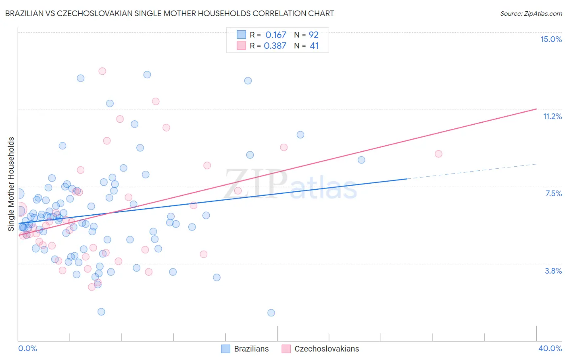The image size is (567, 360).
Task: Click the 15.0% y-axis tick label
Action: [x=551, y=39]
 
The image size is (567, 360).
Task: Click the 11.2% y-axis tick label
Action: [x=552, y=116]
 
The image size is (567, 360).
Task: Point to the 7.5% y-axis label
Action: [x=553, y=193]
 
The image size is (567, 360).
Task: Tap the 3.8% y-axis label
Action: [x=553, y=271]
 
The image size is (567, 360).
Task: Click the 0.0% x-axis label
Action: [x=27, y=348]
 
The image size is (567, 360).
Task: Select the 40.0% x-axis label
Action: [x=550, y=348]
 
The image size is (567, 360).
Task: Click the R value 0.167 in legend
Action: [x=275, y=35]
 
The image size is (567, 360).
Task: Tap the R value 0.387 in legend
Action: [x=275, y=46]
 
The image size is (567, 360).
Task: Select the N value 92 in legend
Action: [x=313, y=35]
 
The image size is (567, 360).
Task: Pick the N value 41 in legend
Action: [x=314, y=46]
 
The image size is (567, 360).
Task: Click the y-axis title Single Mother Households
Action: [x=11, y=184]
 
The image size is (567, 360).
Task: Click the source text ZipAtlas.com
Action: [x=531, y=14]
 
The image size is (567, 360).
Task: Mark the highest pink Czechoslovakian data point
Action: [x=102, y=71]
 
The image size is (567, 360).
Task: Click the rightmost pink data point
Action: [x=438, y=154]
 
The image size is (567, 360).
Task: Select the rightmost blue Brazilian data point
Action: [x=361, y=160]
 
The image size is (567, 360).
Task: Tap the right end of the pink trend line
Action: [x=536, y=109]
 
